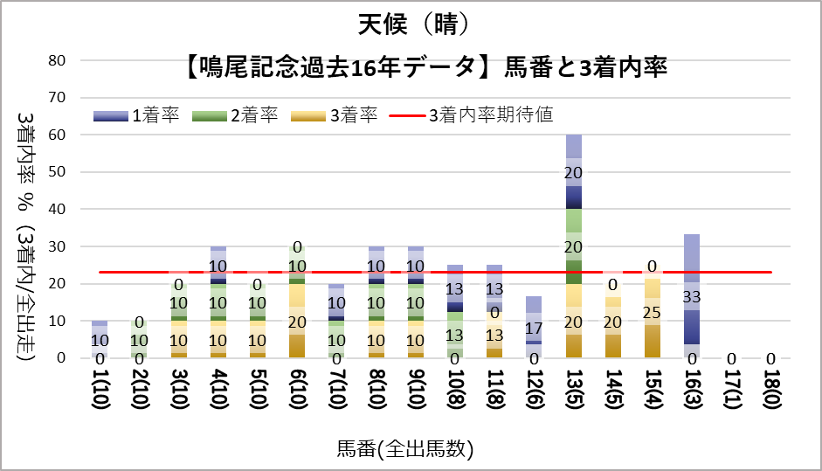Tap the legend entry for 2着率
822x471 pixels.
[236, 115]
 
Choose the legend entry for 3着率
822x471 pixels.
[335, 115]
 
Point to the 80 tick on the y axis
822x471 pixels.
[58, 61]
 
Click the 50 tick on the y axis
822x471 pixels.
[58, 172]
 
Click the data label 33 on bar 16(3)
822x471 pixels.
[692, 297]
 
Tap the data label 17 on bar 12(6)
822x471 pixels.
[535, 329]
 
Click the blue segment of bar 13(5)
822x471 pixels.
[574, 184]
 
